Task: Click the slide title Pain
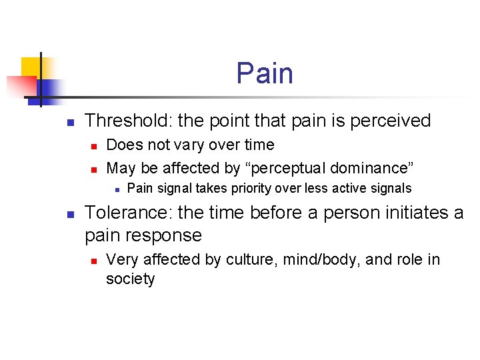[x=265, y=73]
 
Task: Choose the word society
[x=130, y=279]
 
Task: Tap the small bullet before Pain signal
[x=116, y=189]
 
